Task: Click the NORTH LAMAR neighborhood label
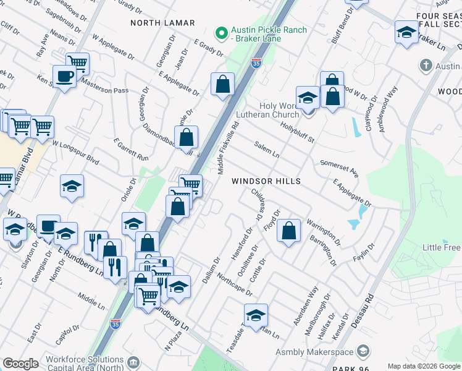pyautogui.click(x=162, y=23)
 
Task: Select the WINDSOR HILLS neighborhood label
pyautogui.click(x=266, y=181)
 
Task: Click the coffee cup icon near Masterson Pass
pyautogui.click(x=64, y=77)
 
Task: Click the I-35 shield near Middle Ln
pyautogui.click(x=115, y=323)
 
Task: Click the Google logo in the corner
pyautogui.click(x=20, y=363)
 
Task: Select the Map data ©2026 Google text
pyautogui.click(x=424, y=366)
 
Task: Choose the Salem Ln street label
pyautogui.click(x=267, y=148)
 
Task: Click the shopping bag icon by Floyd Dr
pyautogui.click(x=288, y=231)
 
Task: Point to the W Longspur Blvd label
pyautogui.click(x=75, y=151)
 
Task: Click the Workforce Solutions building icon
pyautogui.click(x=133, y=361)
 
